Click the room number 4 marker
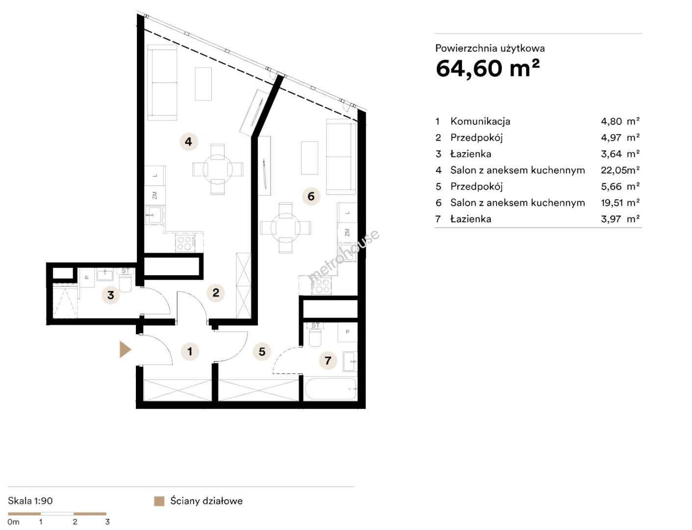click(x=188, y=142)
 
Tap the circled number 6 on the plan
click(x=311, y=196)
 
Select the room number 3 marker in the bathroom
click(x=111, y=295)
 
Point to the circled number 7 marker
click(x=328, y=360)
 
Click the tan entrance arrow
click(x=125, y=349)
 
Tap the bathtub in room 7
click(x=331, y=389)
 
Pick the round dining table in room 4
click(x=218, y=169)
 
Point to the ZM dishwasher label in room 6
click(x=347, y=233)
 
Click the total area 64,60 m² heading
click(x=487, y=69)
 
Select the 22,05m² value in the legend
click(x=620, y=170)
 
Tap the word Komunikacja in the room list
click(x=480, y=121)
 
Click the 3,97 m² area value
click(x=620, y=219)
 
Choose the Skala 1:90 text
click(x=30, y=501)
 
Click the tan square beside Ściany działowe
click(x=159, y=501)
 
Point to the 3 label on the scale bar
click(x=107, y=522)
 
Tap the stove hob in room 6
click(x=322, y=286)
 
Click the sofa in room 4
click(x=162, y=82)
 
